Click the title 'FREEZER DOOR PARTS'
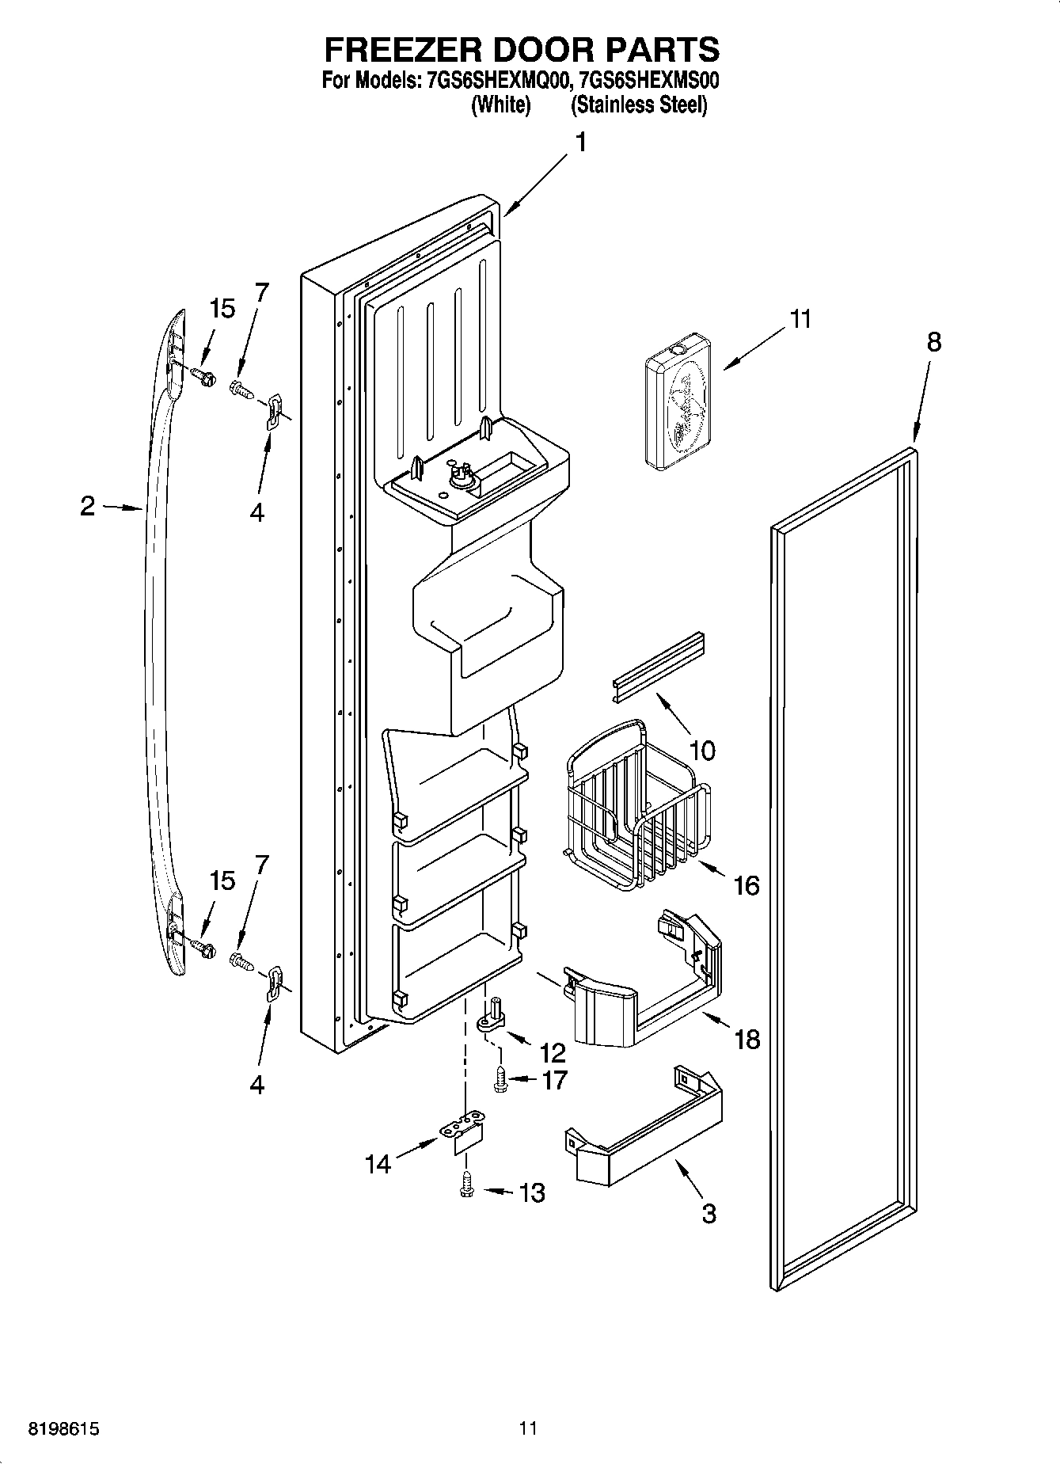[x=522, y=49]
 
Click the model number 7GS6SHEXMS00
[x=648, y=81]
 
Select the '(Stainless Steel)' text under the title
[x=639, y=105]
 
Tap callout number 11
[x=800, y=319]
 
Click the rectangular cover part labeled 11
[x=677, y=401]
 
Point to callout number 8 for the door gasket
[x=934, y=342]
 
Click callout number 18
[x=747, y=1039]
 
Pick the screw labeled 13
[x=467, y=1185]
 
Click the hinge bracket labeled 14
[x=462, y=1130]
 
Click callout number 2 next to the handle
[x=87, y=506]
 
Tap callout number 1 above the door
[x=580, y=143]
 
